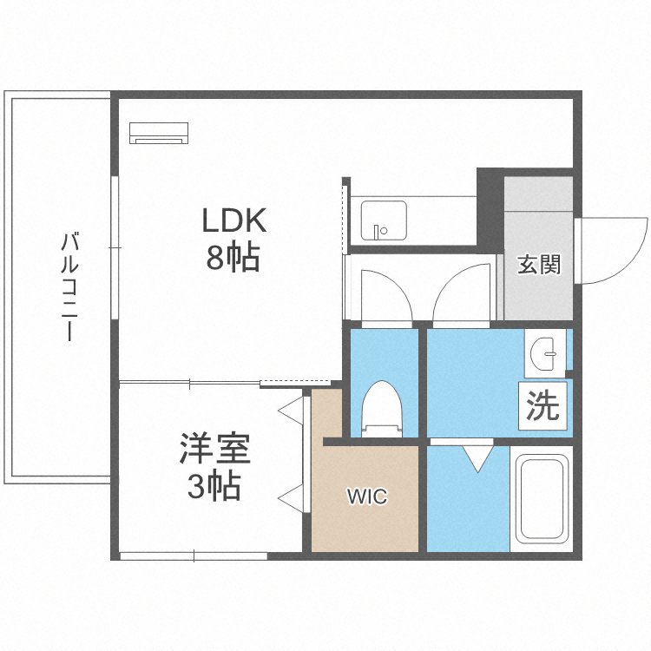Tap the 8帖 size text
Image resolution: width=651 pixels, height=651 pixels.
pyautogui.click(x=233, y=257)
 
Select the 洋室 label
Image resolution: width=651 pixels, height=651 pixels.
pyautogui.click(x=215, y=450)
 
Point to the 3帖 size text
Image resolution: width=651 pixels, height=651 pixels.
pyautogui.click(x=214, y=488)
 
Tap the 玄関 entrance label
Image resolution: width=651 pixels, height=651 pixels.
pyautogui.click(x=539, y=265)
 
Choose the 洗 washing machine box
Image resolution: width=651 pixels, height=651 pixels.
pyautogui.click(x=543, y=406)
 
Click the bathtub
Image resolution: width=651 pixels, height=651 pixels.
pyautogui.click(x=542, y=501)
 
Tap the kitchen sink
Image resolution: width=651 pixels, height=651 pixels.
pyautogui.click(x=383, y=221)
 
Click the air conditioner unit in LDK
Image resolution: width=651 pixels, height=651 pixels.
pyautogui.click(x=159, y=133)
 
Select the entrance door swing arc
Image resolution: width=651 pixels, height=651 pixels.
pyautogui.click(x=612, y=252)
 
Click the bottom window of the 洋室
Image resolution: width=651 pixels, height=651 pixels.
pyautogui.click(x=194, y=556)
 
